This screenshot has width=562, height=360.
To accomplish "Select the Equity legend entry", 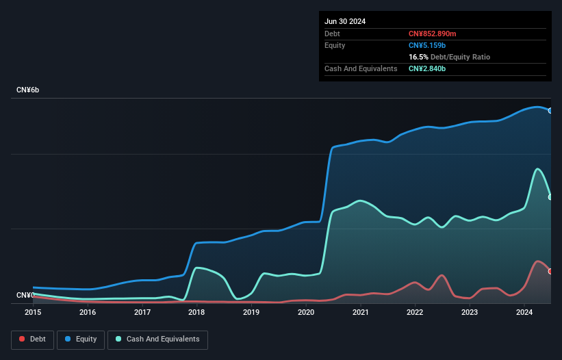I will point(81,339).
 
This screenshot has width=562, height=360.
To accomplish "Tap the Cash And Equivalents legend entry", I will point(157,339).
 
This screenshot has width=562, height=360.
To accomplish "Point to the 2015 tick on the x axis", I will point(33,313).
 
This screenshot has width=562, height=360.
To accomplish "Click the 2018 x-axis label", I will point(196,313).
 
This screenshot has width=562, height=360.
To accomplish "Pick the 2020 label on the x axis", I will point(306,313).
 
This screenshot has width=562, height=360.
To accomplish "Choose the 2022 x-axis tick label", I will point(415,313).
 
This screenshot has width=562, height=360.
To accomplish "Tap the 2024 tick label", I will point(524,313).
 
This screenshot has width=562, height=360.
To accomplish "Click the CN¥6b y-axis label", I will point(28,90).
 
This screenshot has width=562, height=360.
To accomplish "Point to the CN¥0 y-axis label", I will point(25,295).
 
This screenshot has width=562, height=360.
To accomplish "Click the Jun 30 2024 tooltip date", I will point(345,21).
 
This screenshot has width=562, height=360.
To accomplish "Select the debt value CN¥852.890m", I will point(432,34).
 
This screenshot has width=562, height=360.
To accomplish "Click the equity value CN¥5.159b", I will point(427,45).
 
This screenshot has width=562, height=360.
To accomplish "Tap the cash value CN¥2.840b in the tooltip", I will point(427,68).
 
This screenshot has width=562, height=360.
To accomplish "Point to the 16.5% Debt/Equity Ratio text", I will point(449,57).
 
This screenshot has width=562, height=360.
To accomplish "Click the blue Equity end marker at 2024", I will point(550,110).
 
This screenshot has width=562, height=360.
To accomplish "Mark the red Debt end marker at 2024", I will point(550,271).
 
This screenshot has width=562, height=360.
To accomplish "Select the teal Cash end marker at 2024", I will point(550,197).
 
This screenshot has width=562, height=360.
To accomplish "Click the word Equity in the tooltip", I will point(335,45).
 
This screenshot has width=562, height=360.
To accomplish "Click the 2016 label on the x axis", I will point(88,313).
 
